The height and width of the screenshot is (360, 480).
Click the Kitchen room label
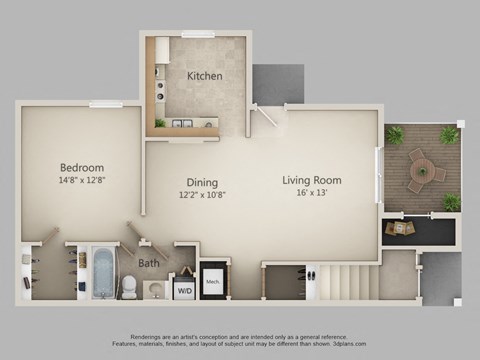[x=204, y=76]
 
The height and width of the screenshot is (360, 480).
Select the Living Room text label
[x=311, y=181]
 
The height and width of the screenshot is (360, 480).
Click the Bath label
[x=148, y=264]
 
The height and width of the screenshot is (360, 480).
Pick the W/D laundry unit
[x=184, y=291]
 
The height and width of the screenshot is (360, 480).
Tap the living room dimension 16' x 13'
[x=311, y=194]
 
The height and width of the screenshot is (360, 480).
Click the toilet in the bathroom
[x=128, y=287]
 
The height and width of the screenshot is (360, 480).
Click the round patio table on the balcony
[x=421, y=166]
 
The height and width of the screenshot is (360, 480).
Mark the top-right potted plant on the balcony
[x=449, y=134]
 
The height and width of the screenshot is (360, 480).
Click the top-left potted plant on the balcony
[x=395, y=134]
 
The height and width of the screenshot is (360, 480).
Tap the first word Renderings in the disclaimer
[x=150, y=337]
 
